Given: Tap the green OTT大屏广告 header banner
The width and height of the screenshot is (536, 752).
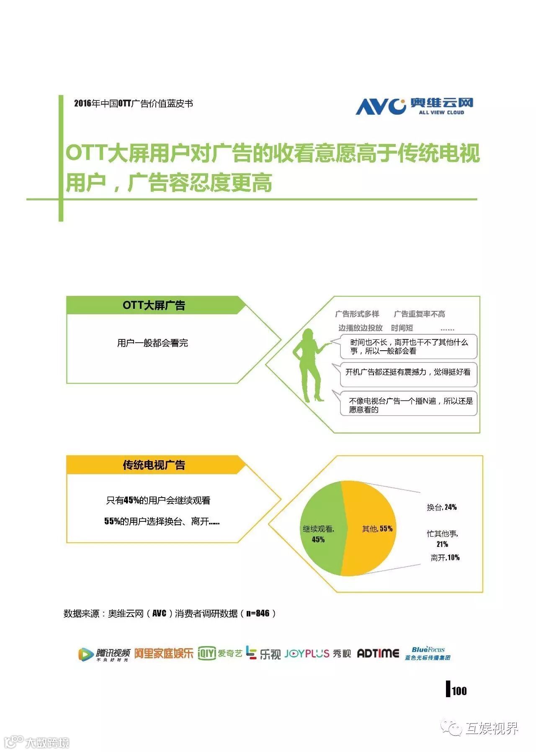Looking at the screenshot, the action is coord(154,305).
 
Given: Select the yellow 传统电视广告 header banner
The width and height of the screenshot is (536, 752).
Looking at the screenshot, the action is coord(154,465).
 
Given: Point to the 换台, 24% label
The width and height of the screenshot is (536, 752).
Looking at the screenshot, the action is coord(442,507).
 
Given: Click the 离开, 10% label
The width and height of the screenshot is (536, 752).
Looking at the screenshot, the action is coord(445,557).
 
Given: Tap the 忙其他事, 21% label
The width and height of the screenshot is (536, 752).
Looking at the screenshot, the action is coord(442,539).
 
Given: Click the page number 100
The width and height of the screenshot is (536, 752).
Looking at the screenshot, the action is coord(459,691).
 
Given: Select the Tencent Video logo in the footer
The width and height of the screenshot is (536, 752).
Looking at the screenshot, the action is coord(104,654).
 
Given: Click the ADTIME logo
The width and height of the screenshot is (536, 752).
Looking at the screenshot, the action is coord(378,654).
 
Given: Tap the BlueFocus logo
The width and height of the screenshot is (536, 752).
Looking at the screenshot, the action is coord(428,653).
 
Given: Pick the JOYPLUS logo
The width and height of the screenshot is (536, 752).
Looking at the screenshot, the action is coord(307,654).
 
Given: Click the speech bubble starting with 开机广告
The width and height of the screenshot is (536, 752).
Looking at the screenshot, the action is coord(408,372).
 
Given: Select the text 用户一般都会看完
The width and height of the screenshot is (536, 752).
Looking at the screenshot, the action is coord(152,343).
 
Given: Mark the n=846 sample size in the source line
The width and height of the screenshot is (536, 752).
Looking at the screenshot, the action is coord(258,613).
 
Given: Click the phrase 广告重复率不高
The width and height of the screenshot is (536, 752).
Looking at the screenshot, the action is coord(419,314).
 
